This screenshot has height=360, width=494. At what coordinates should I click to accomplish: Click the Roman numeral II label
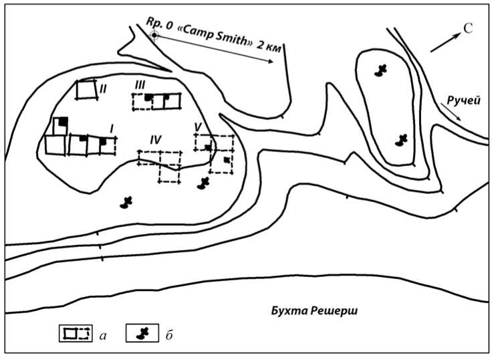tap(104, 88)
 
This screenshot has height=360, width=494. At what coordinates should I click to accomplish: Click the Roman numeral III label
tap(140, 84)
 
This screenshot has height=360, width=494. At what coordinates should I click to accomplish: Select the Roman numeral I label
tap(112, 127)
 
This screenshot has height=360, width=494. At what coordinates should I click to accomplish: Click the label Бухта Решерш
tap(310, 310)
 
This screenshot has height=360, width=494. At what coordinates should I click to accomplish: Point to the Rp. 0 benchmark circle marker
tap(154, 35)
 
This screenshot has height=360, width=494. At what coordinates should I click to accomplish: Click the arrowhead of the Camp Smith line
tap(270, 62)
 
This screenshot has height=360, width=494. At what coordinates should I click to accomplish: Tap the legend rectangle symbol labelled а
tap(74, 333)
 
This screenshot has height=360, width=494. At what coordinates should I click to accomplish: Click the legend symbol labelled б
tap(141, 333)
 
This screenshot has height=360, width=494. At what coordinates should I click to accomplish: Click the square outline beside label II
tap(85, 90)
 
